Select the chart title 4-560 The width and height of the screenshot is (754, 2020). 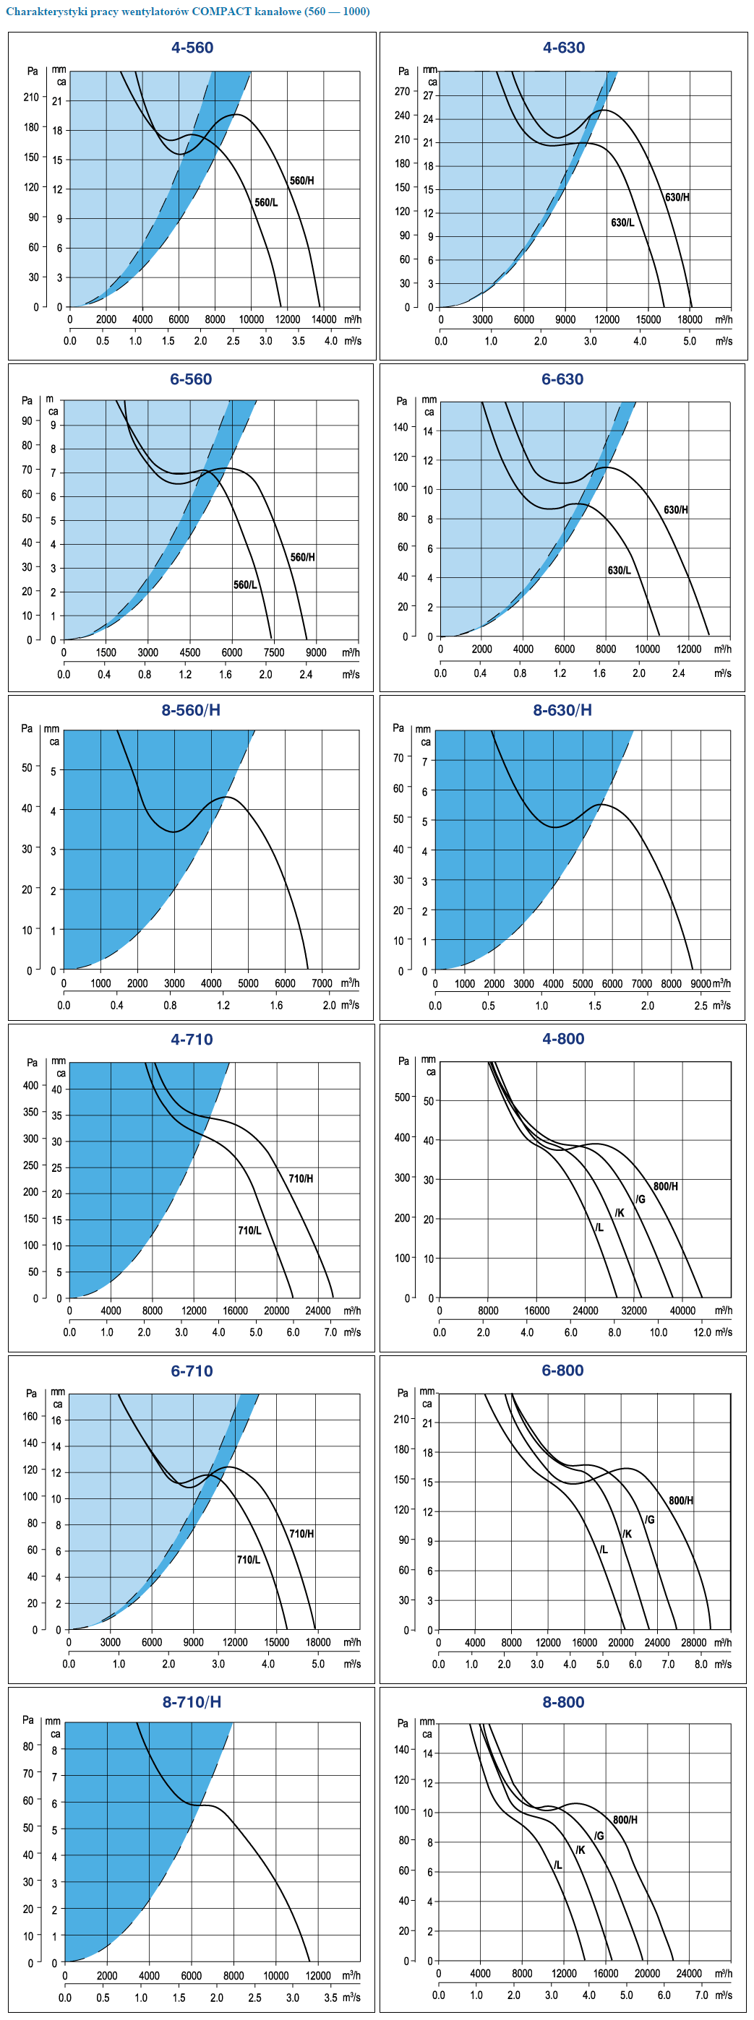point(192,48)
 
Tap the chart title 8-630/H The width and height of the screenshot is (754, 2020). point(562,709)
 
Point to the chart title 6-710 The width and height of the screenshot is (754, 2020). point(192,1371)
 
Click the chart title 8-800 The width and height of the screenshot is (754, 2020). point(563,1701)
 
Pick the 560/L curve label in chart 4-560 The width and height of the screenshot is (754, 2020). point(266,202)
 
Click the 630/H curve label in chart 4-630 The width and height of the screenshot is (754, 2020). point(677,197)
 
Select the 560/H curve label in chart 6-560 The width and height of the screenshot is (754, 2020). point(303,557)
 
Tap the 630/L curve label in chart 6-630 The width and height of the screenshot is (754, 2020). point(619,570)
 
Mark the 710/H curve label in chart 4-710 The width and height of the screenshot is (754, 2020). point(301,1178)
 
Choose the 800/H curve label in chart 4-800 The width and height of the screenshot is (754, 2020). point(665,1186)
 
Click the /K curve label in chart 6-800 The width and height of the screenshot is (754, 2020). point(627,1534)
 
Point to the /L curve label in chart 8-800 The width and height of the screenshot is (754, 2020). point(558,1865)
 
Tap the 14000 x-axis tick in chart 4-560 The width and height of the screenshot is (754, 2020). point(324,319)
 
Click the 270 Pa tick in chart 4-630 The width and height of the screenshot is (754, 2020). point(403,91)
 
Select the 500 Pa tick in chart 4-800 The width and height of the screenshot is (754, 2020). point(403,1096)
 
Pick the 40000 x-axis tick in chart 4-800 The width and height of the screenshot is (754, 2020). point(682,1311)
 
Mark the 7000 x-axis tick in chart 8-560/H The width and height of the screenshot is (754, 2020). point(322,983)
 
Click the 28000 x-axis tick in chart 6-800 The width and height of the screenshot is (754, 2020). point(693,1642)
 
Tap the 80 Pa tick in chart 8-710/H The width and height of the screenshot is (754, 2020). point(28,1746)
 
